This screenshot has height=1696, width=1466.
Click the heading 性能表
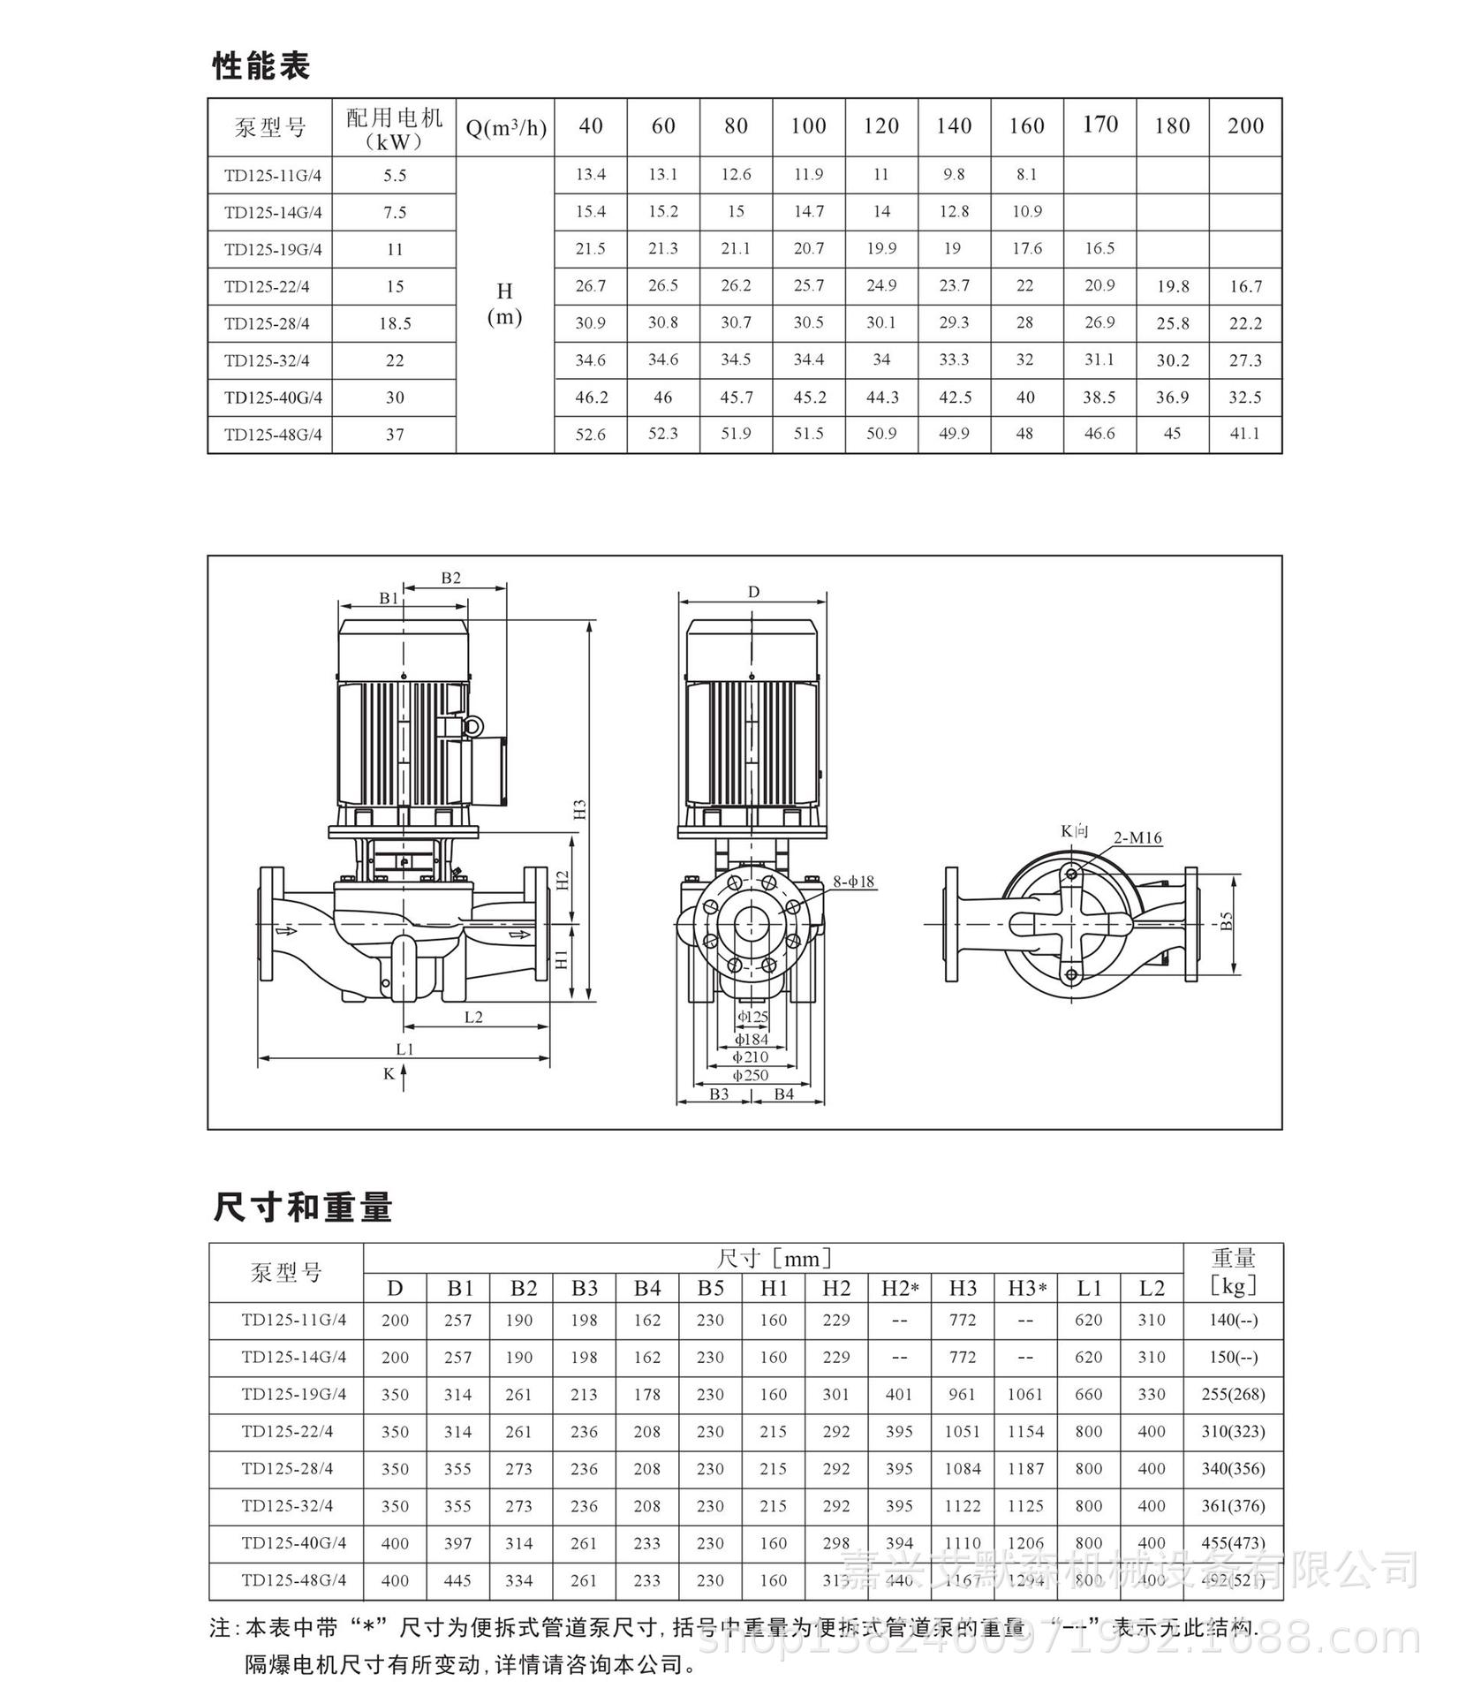tap(261, 66)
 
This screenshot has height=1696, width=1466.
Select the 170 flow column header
tap(1099, 125)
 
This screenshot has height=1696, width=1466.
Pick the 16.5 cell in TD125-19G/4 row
tap(1099, 248)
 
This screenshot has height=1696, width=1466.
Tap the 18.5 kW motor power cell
tap(395, 323)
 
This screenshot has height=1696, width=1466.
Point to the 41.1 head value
tap(1244, 434)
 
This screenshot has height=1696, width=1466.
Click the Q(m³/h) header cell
tap(505, 128)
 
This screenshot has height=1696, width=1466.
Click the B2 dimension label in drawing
tap(450, 578)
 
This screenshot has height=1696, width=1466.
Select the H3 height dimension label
tap(580, 809)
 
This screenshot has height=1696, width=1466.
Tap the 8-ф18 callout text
tap(854, 881)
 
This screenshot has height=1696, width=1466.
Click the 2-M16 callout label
tap(1137, 837)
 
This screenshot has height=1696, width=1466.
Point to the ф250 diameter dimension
tap(751, 1075)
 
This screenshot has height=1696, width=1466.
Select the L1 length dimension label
tap(404, 1049)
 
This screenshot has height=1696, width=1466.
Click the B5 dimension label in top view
tap(1226, 920)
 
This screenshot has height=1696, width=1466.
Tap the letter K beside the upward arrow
tap(389, 1074)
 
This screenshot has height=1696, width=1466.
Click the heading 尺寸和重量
tap(302, 1207)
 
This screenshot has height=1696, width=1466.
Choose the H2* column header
tap(899, 1288)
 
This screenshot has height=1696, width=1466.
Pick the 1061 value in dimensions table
tap(1025, 1394)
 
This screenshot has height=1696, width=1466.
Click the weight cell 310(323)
tap(1232, 1431)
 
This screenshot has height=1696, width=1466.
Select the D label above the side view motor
tap(752, 592)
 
